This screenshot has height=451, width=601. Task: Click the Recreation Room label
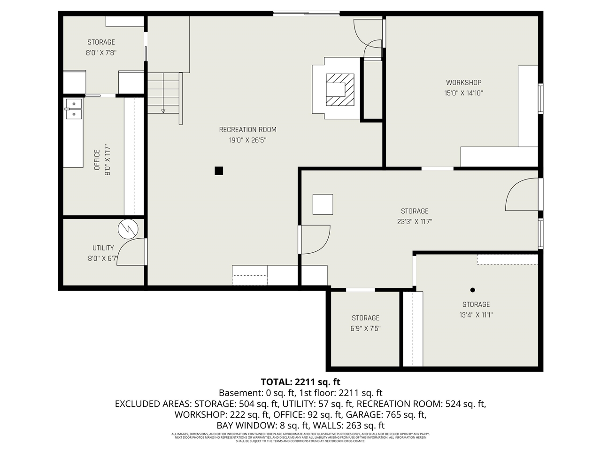tap(247, 130)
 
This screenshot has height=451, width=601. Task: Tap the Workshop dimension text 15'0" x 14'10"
tap(463, 93)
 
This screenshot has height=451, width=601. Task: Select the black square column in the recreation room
tap(219, 171)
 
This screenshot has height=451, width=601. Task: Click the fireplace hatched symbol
tap(340, 89)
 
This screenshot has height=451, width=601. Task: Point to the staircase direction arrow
tap(163, 111)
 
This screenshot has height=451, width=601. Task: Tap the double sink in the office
tap(73, 109)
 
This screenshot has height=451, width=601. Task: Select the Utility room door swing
tap(131, 253)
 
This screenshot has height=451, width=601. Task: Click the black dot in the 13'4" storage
tap(472, 290)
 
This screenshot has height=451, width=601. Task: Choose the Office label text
tap(97, 160)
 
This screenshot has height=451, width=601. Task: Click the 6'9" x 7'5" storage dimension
tap(365, 328)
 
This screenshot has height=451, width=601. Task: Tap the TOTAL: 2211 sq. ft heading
tap(300, 381)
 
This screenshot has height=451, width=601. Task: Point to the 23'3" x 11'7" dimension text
tap(414, 222)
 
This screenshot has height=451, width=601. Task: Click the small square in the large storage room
tap(323, 204)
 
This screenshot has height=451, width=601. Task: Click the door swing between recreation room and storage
tap(315, 240)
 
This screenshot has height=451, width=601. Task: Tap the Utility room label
tap(103, 248)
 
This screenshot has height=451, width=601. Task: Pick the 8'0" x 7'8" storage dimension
tap(101, 53)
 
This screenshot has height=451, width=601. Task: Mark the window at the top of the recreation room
tap(306, 14)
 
